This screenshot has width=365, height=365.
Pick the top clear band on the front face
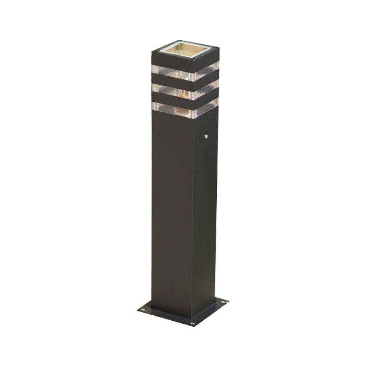173,72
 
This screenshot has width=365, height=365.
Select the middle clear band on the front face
173,89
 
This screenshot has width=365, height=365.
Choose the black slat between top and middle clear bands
173,81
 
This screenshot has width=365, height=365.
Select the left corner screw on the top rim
153,51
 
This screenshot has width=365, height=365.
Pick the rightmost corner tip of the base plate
229,301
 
